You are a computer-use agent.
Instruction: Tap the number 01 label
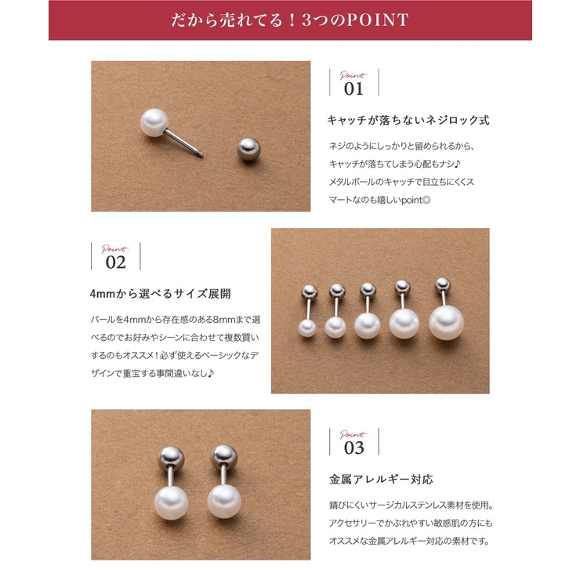pyautogui.click(x=354, y=89)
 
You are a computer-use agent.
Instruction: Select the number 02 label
pyautogui.click(x=116, y=263)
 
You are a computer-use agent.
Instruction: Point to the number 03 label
pyautogui.click(x=354, y=448)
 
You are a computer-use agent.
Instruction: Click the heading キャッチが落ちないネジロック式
pyautogui.click(x=408, y=121)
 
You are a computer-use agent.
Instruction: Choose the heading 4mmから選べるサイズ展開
pyautogui.click(x=161, y=294)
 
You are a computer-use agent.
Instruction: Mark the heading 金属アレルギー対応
pyautogui.click(x=380, y=479)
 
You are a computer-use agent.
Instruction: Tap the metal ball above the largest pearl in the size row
pyautogui.click(x=443, y=283)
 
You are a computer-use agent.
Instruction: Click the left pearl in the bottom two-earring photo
pyautogui.click(x=171, y=499)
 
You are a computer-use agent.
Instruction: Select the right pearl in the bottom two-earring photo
pyautogui.click(x=223, y=499)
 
